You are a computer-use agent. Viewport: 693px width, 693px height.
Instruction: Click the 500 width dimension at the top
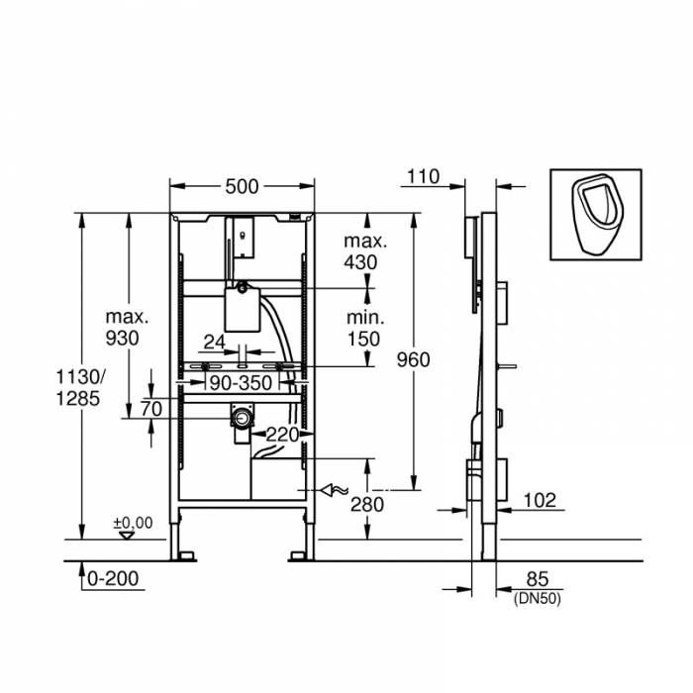(x=242, y=186)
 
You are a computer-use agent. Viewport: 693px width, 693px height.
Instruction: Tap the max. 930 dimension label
(x=127, y=327)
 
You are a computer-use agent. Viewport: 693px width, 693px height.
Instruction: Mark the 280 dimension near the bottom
(x=366, y=504)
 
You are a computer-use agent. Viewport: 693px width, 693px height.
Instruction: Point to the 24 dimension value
(x=214, y=344)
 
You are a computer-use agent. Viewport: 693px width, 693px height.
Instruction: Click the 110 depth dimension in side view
(x=422, y=177)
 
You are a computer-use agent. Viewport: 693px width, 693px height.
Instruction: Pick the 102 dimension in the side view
(x=539, y=500)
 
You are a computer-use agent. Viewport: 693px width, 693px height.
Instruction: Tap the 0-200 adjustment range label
(x=112, y=579)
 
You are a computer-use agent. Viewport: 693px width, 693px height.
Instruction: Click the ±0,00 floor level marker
(x=133, y=523)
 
